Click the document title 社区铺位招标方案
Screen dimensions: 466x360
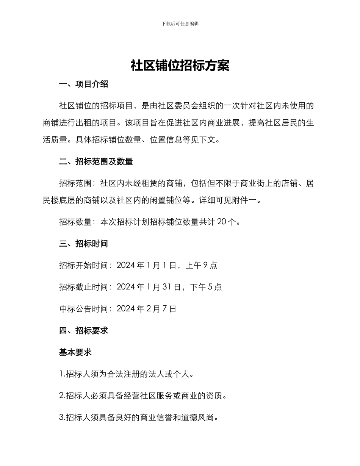(180, 66)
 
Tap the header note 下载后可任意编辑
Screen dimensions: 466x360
(180, 23)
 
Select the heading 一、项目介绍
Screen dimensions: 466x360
(84, 84)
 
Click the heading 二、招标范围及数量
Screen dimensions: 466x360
(96, 162)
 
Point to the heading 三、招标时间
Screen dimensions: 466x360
(84, 244)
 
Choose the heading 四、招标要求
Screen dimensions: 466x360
(84, 331)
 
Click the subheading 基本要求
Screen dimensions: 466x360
(75, 352)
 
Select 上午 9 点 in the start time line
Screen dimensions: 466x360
(201, 265)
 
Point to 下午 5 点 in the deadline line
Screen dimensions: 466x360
(206, 287)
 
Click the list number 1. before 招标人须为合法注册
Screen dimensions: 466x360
(62, 374)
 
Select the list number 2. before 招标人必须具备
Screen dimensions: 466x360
(62, 396)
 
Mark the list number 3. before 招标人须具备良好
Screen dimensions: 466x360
(62, 418)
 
